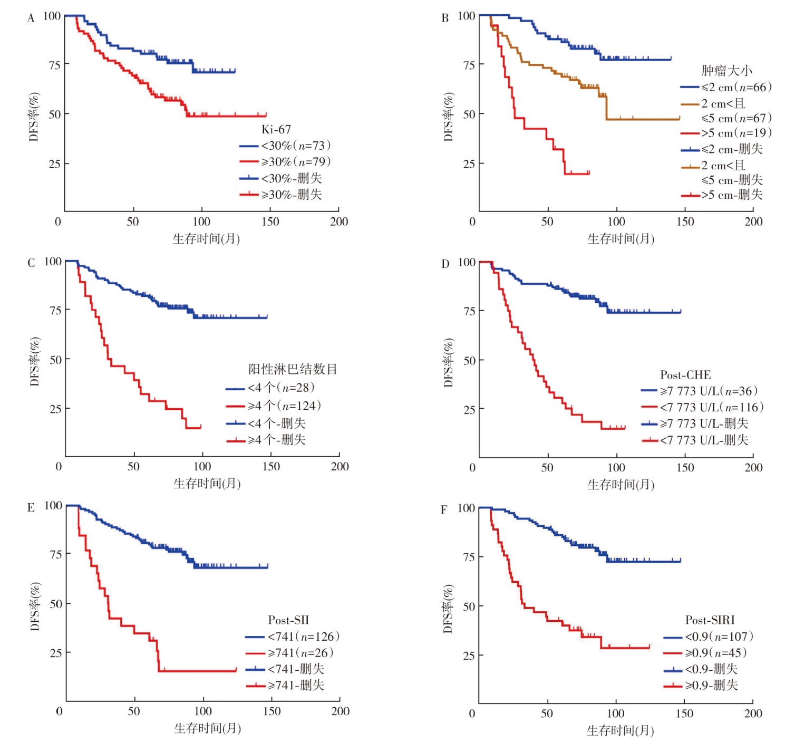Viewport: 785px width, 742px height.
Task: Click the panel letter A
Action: pyautogui.click(x=31, y=18)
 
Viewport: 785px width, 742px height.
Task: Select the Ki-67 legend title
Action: pyautogui.click(x=276, y=129)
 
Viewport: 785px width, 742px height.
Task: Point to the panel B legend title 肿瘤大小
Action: pyautogui.click(x=726, y=71)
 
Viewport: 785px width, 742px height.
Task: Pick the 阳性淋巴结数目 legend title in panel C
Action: pyautogui.click(x=293, y=369)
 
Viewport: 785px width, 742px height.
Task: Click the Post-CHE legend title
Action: pyautogui.click(x=685, y=375)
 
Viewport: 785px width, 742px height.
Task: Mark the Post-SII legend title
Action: pyautogui.click(x=288, y=620)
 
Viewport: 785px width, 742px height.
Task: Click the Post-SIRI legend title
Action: pyautogui.click(x=710, y=620)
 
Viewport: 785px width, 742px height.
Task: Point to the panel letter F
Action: pyautogui.click(x=444, y=510)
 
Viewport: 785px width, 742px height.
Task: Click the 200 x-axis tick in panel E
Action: pyautogui.click(x=340, y=711)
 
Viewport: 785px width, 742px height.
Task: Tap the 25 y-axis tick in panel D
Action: pyautogui.click(x=469, y=409)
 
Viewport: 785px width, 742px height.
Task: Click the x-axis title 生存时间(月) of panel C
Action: pyautogui.click(x=207, y=483)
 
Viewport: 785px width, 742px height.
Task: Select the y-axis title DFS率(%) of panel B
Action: pyautogui.click(x=448, y=117)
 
